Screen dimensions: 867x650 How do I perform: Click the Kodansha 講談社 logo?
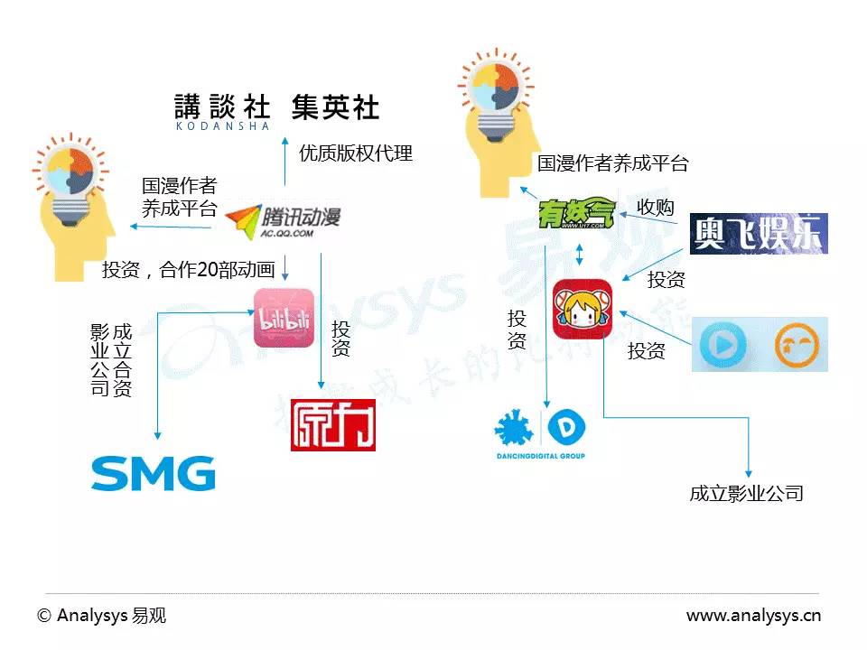tap(222, 111)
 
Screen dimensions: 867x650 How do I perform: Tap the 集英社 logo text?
tap(335, 108)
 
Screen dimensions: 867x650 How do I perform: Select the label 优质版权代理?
tap(356, 153)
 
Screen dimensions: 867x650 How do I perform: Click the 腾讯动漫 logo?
tap(283, 219)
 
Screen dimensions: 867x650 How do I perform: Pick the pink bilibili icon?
tap(284, 318)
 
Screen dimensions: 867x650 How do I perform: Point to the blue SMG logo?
tap(154, 473)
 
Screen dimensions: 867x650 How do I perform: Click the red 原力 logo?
tap(332, 424)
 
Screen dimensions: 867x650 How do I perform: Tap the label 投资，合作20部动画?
tap(188, 269)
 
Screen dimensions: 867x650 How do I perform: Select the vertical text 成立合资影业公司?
tap(111, 360)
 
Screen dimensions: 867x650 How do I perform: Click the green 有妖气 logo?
tap(576, 214)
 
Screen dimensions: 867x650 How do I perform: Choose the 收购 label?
tap(656, 207)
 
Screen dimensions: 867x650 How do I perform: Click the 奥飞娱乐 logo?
tap(759, 233)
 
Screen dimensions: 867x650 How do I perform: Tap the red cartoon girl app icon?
tap(583, 309)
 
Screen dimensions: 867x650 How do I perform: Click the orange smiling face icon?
tap(797, 344)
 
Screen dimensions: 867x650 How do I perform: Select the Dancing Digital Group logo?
tap(541, 434)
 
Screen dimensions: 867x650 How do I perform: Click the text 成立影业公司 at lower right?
tap(746, 493)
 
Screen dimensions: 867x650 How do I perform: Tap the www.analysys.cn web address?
tap(753, 616)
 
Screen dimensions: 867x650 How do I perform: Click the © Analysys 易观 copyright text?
tap(102, 616)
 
